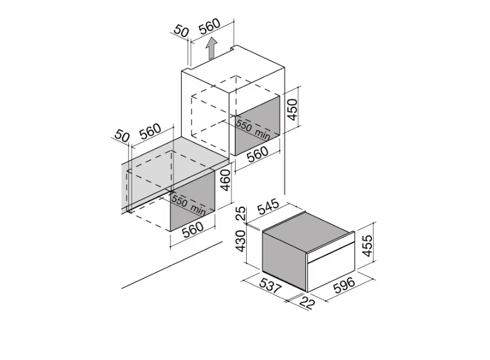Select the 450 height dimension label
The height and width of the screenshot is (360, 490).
(293, 109)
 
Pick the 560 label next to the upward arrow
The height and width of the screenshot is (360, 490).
(209, 26)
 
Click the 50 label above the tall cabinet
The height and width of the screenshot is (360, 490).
(182, 31)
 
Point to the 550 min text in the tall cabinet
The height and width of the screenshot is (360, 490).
(253, 129)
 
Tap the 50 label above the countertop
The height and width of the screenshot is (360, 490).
(122, 135)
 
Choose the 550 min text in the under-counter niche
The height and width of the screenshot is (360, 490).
(188, 206)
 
